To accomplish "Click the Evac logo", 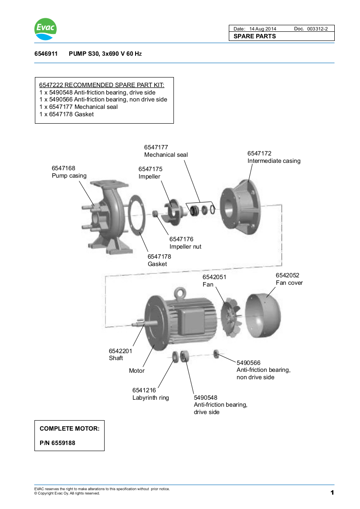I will (x=45, y=29).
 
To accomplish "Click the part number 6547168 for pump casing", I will (x=64, y=168).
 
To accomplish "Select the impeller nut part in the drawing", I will (x=154, y=214).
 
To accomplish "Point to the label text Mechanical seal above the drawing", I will (x=166, y=155).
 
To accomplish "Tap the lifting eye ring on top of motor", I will (x=180, y=293).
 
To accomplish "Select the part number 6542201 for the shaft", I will (x=120, y=351).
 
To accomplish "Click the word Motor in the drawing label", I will (x=136, y=371).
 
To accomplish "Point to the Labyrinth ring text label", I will (x=150, y=398).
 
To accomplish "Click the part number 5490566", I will (x=248, y=362).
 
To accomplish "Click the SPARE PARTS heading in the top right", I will (x=255, y=36).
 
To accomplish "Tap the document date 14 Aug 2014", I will (x=263, y=29).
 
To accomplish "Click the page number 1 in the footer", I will (x=332, y=492).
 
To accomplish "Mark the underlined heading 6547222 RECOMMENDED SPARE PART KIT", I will (x=102, y=85).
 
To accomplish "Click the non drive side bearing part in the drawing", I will (x=216, y=353).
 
